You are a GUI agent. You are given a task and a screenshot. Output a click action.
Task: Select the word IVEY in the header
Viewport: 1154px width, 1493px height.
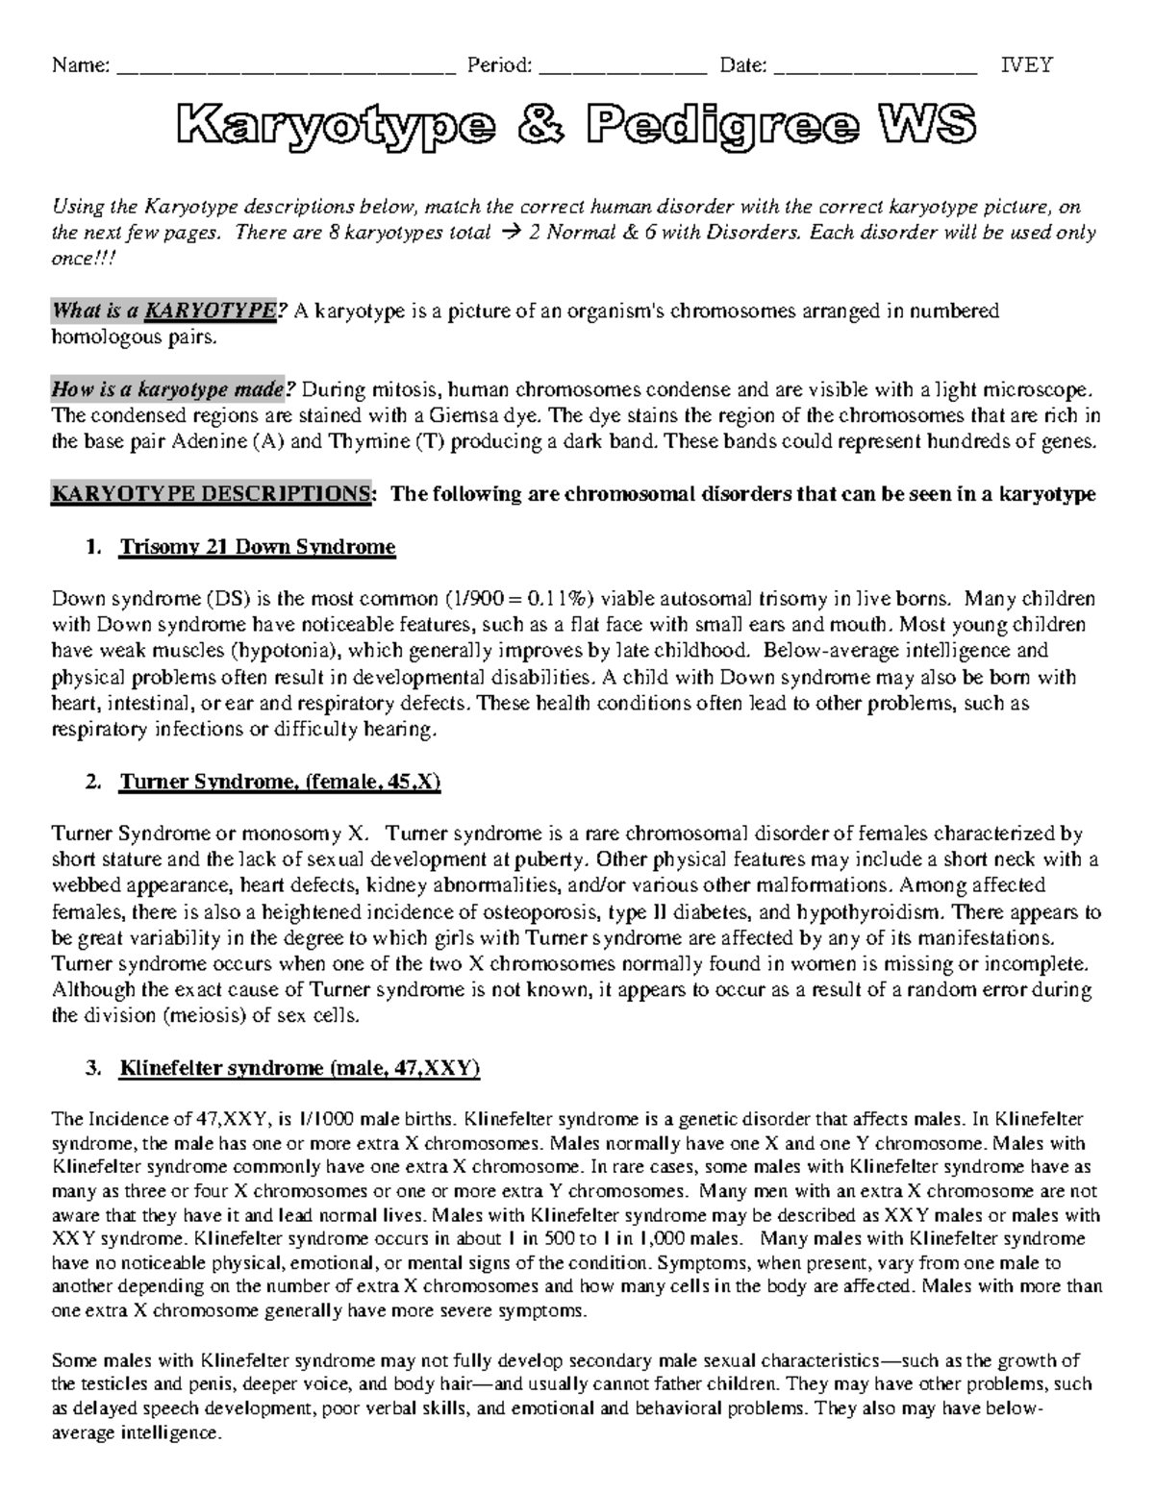1027,65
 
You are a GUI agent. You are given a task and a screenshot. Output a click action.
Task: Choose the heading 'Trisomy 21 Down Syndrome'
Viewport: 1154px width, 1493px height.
257,547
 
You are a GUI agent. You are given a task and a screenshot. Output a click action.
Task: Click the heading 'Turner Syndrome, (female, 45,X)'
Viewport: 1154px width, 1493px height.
279,782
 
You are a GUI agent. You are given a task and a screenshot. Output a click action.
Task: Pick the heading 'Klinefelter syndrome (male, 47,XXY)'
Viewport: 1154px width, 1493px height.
299,1068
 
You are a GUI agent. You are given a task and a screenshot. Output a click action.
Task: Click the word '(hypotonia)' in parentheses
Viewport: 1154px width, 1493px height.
281,651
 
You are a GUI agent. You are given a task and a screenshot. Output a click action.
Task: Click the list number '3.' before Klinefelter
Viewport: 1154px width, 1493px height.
92,1068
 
